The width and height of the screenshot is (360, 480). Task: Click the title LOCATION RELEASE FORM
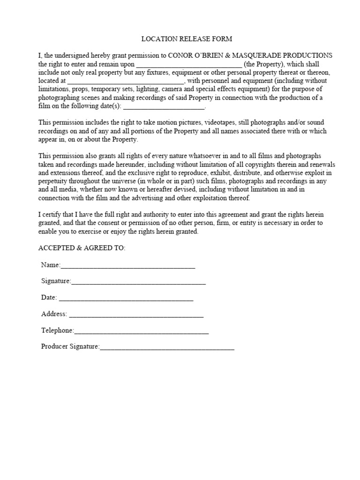click(180, 38)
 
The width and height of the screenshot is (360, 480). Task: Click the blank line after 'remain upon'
click(188, 64)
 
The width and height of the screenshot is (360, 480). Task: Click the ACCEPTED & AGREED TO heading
click(82, 248)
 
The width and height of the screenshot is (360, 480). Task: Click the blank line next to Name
click(127, 266)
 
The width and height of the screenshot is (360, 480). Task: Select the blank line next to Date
click(126, 298)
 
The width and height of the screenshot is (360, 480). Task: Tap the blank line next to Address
click(136, 315)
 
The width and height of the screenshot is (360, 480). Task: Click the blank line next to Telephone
click(141, 331)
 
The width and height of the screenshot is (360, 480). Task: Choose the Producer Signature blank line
click(167, 347)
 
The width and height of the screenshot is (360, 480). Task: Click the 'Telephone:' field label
click(57, 331)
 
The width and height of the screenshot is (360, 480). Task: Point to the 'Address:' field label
click(54, 315)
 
